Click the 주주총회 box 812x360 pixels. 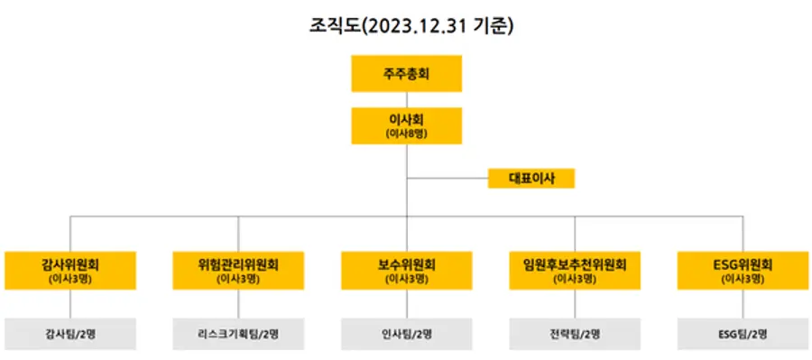pos(406,73)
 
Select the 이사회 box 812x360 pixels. pos(406,125)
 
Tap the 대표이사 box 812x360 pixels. pos(531,178)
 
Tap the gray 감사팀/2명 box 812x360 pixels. pos(70,334)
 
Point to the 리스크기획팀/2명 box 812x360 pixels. pos(238,334)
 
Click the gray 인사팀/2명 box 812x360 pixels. pos(406,334)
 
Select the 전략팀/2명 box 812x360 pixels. pos(575,334)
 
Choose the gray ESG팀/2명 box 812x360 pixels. pos(743,334)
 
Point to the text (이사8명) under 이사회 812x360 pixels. pos(406,134)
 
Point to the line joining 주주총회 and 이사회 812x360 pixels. pos(406,99)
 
